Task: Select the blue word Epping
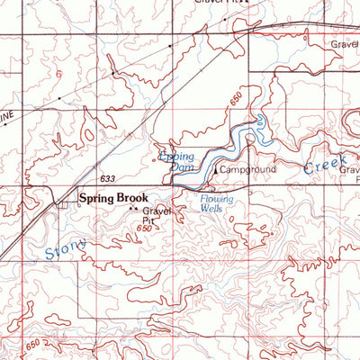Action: tap(176, 156)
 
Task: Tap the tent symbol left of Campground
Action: tap(216, 167)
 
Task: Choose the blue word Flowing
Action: tap(217, 198)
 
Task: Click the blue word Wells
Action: tap(212, 208)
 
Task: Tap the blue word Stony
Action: tap(66, 249)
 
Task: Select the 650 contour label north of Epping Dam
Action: tap(236, 104)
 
